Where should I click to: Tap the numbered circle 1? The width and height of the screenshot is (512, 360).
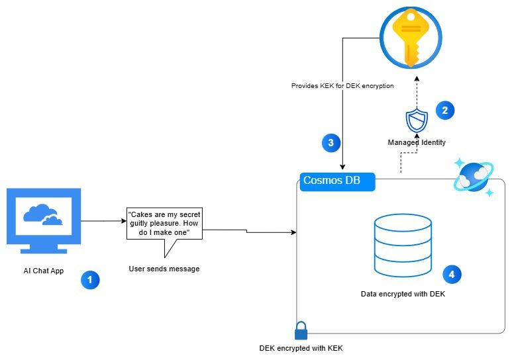pyautogui.click(x=89, y=280)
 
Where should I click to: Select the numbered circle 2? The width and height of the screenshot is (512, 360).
pyautogui.click(x=444, y=111)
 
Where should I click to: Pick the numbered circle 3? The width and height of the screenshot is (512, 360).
pyautogui.click(x=331, y=142)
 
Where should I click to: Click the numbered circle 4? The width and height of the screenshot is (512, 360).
pyautogui.click(x=451, y=273)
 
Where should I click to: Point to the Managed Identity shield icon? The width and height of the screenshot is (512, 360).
pyautogui.click(x=417, y=121)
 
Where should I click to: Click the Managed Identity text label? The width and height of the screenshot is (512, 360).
pyautogui.click(x=417, y=142)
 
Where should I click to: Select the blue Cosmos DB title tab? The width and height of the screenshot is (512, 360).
pyautogui.click(x=337, y=181)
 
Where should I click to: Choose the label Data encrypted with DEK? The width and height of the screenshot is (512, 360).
pyautogui.click(x=403, y=293)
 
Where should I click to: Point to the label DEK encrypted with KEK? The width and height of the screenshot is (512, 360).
pyautogui.click(x=301, y=348)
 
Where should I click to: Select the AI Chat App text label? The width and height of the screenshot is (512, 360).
pyautogui.click(x=44, y=271)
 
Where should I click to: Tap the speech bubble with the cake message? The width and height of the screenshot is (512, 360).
pyautogui.click(x=164, y=225)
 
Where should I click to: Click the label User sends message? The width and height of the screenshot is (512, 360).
pyautogui.click(x=164, y=269)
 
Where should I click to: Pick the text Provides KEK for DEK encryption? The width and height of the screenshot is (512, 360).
pyautogui.click(x=342, y=86)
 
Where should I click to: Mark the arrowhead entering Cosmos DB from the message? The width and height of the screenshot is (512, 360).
pyautogui.click(x=293, y=232)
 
